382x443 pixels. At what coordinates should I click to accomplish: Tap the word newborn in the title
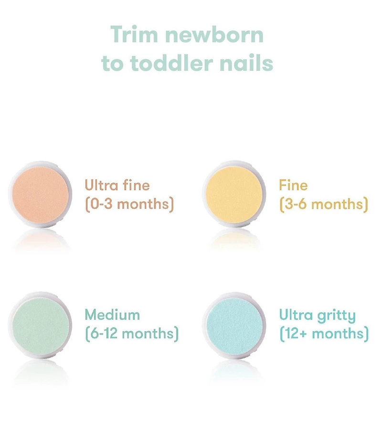click(213, 35)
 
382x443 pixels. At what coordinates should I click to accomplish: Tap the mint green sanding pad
click(40, 324)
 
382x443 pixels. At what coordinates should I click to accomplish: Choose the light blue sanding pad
click(234, 324)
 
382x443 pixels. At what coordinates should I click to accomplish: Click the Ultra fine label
click(117, 185)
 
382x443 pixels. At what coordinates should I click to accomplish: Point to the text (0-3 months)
click(129, 204)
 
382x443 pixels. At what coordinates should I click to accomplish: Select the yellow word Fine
click(293, 185)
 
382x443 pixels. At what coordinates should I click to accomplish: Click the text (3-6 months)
click(324, 204)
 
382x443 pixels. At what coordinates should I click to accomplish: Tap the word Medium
click(112, 315)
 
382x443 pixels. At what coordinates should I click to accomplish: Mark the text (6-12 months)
click(132, 334)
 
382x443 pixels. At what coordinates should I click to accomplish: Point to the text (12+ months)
click(324, 334)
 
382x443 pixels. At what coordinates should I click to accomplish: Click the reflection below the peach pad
click(40, 239)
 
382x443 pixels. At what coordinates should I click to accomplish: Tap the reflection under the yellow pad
click(234, 239)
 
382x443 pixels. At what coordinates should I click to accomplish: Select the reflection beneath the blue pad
click(234, 369)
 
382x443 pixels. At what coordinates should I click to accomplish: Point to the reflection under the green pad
click(40, 369)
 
